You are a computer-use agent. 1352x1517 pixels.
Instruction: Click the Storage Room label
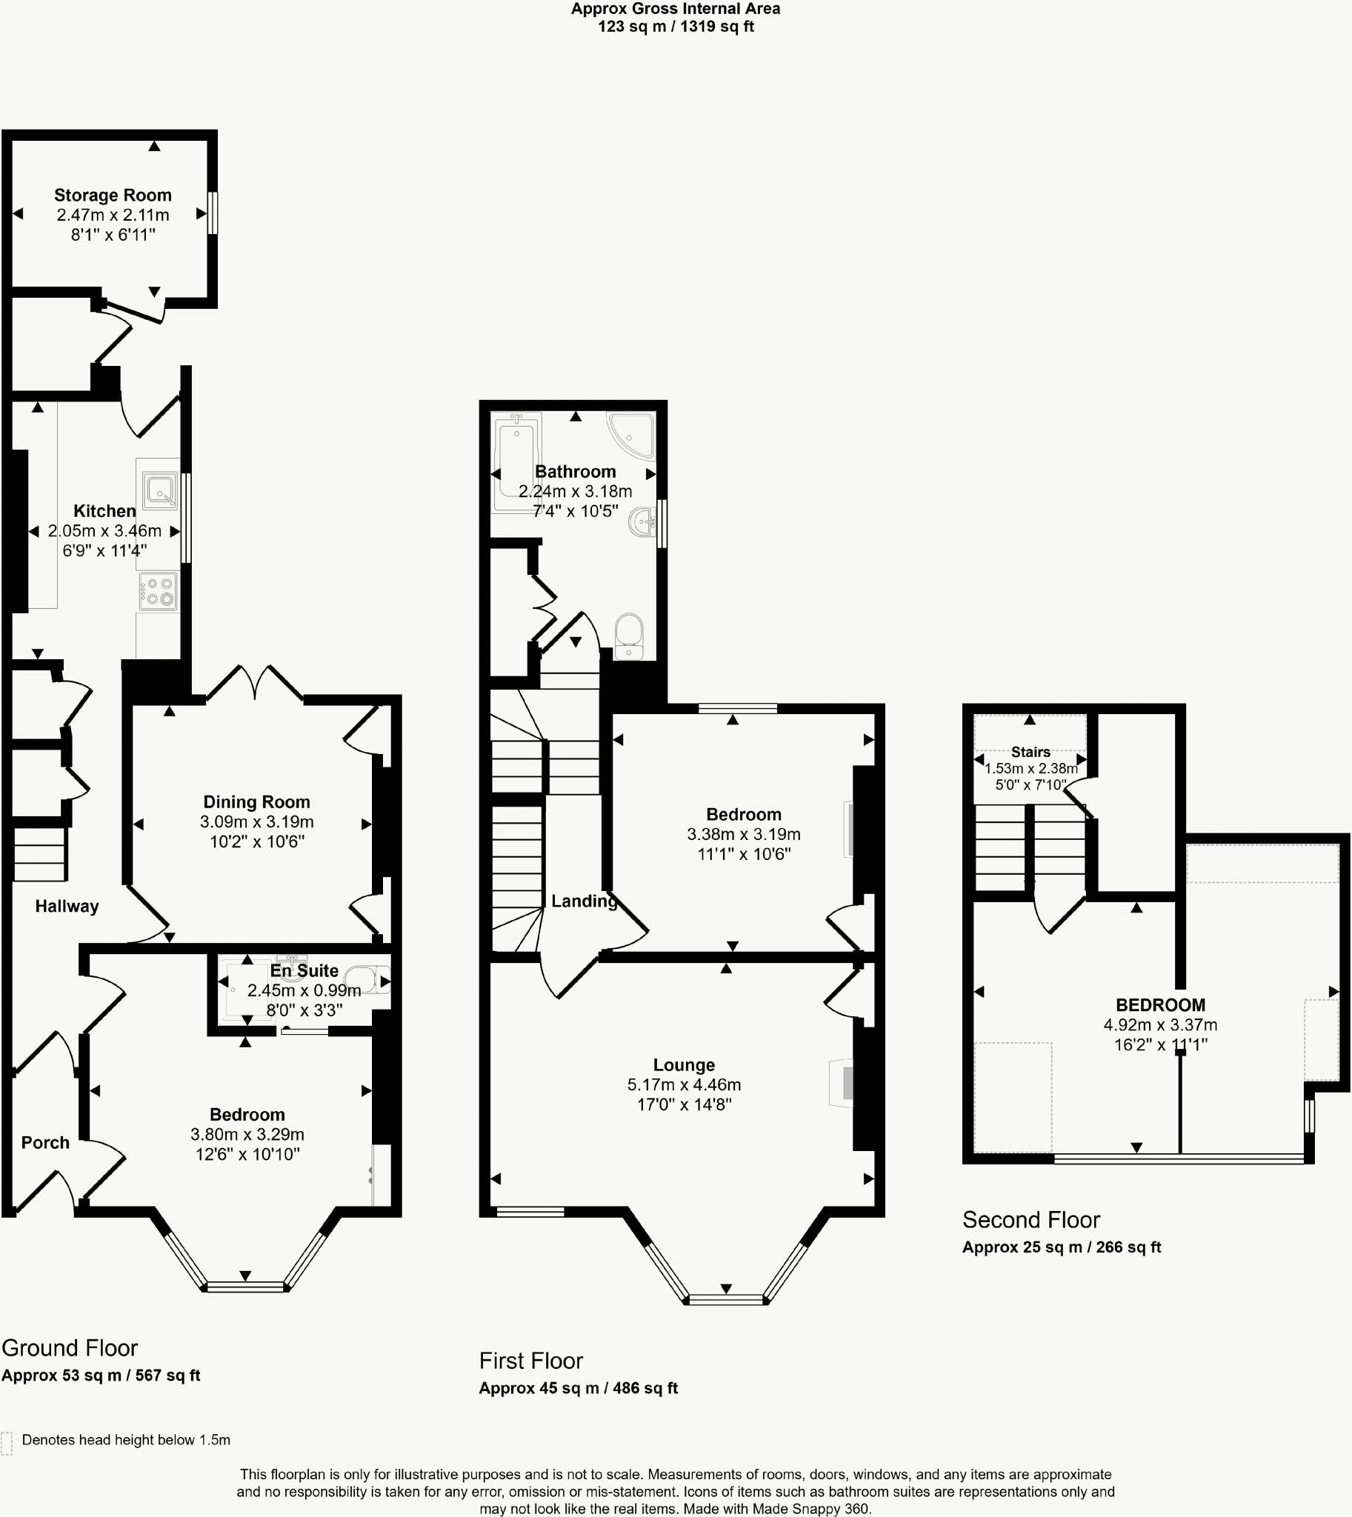113,195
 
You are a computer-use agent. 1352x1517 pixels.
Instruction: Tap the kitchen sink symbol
160,491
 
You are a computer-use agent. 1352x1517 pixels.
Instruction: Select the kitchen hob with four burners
159,592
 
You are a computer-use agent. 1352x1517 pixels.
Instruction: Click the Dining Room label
256,801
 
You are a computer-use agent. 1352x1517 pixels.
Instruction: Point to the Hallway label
67,906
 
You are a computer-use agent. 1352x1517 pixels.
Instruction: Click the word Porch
45,1142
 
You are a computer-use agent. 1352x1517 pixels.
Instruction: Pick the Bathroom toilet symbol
629,636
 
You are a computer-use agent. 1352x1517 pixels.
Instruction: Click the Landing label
584,901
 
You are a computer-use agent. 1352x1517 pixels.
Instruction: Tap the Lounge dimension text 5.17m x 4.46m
684,1084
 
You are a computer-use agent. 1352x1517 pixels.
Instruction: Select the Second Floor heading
1030,1219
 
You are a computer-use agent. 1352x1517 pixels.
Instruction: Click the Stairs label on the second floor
1030,752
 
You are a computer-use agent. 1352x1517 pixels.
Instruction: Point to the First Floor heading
530,1360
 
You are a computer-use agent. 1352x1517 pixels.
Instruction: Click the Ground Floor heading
70,1347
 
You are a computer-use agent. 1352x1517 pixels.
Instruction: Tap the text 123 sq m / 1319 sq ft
675,27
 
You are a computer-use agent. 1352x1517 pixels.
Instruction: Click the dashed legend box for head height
7,1443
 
